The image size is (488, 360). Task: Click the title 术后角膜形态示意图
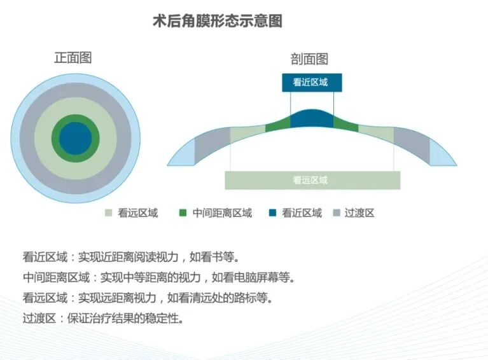pyautogui.click(x=218, y=21)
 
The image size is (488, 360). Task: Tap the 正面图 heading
pyautogui.click(x=73, y=58)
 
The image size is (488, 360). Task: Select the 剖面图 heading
pyautogui.click(x=309, y=59)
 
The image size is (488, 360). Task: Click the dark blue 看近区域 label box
pyautogui.click(x=312, y=83)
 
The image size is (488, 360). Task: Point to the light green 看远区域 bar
pyautogui.click(x=312, y=180)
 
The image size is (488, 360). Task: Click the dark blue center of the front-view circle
pyautogui.click(x=76, y=138)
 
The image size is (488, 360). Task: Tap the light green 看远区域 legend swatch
pyautogui.click(x=109, y=213)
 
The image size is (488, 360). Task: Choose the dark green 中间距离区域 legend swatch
pyautogui.click(x=184, y=213)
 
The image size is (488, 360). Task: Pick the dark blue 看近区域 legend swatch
pyautogui.click(x=273, y=213)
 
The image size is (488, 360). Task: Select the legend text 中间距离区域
pyautogui.click(x=222, y=213)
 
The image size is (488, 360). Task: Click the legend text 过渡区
pyautogui.click(x=359, y=213)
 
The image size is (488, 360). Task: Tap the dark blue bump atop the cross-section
pyautogui.click(x=312, y=119)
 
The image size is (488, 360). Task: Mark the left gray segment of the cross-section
pyautogui.click(x=212, y=142)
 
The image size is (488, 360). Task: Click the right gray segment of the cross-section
pyautogui.click(x=412, y=142)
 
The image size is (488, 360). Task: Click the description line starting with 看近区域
pyautogui.click(x=130, y=258)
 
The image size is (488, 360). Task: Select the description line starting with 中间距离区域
pyautogui.click(x=158, y=277)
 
